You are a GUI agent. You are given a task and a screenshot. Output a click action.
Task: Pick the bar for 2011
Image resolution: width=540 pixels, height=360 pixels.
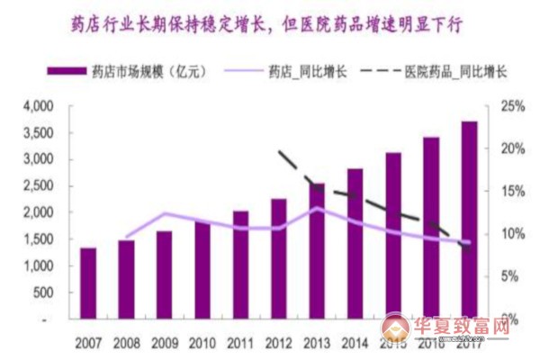coord(240,265)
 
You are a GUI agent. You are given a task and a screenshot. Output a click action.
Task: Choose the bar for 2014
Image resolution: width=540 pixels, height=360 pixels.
coord(355,243)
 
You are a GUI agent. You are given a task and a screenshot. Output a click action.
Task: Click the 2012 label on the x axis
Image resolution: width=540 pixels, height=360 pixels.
coord(278,343)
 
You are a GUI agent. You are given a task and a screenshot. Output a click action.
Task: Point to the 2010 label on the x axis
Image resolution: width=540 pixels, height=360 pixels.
coord(202,343)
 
